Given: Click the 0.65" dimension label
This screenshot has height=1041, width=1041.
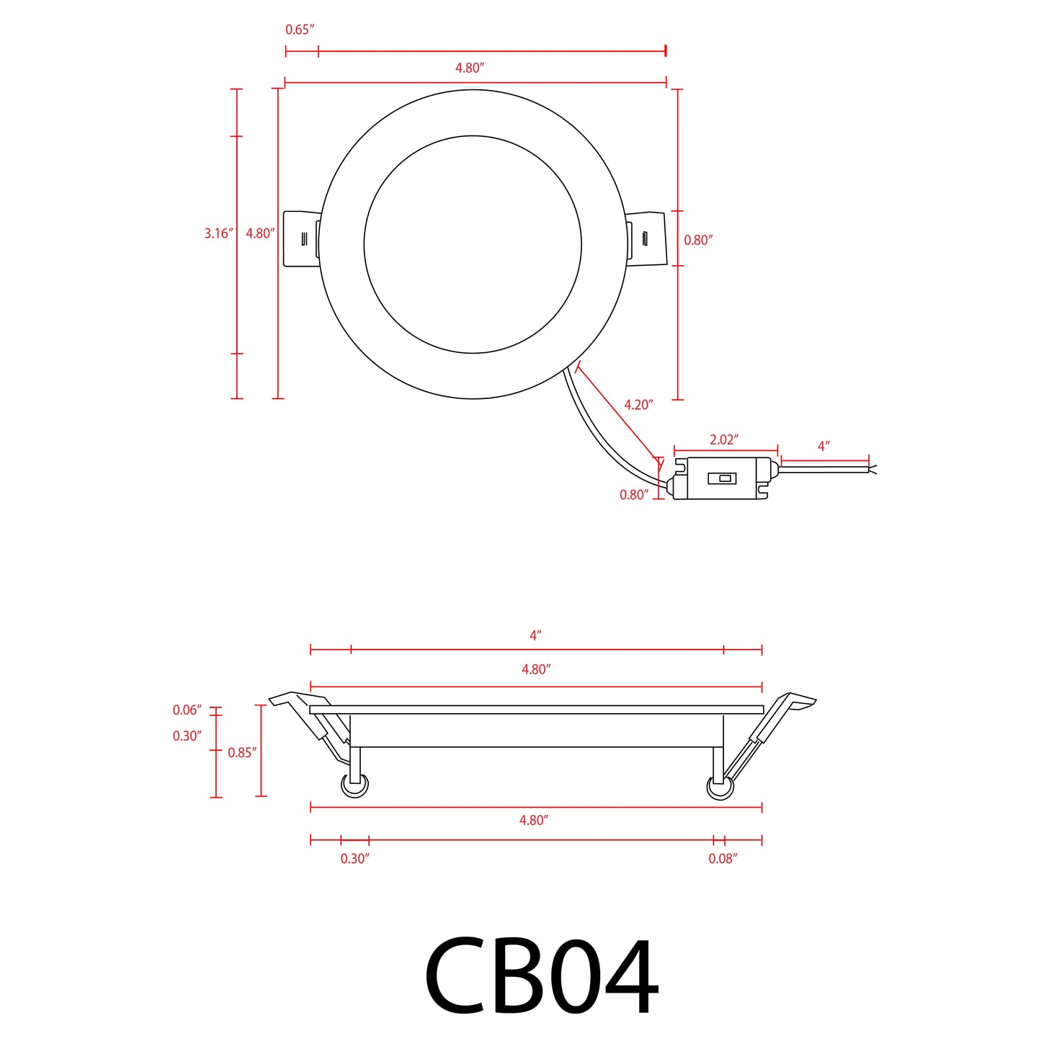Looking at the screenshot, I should (x=300, y=30).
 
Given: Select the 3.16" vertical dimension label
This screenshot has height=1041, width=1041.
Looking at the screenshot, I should (x=218, y=233).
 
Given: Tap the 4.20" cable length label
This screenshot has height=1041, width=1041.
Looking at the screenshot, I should (x=638, y=405).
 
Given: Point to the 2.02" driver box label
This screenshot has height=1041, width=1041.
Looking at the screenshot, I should (x=724, y=440).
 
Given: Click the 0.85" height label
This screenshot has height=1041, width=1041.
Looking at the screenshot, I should (x=242, y=753).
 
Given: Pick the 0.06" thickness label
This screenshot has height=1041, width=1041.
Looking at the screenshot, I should (x=187, y=710).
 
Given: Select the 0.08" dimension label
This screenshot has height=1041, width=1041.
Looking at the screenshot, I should (x=723, y=859).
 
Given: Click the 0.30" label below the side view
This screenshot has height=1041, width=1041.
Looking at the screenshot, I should (x=354, y=859).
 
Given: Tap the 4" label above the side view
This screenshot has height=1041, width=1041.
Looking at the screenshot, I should (x=535, y=635).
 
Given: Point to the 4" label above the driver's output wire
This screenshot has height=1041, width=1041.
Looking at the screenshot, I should (x=823, y=447).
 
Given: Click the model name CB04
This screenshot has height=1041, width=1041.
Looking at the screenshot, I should (x=541, y=977).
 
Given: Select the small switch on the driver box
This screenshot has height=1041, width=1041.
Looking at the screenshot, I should (x=722, y=478).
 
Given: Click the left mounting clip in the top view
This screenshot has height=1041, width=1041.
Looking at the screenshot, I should (x=300, y=238).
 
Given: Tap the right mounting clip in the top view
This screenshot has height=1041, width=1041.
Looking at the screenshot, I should (x=646, y=238).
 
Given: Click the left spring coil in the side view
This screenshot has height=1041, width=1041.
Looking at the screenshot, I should (x=354, y=785).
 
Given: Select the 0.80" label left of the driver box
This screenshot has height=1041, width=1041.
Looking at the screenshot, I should (x=634, y=495).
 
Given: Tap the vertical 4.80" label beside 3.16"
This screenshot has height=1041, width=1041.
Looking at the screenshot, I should (x=260, y=233).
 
